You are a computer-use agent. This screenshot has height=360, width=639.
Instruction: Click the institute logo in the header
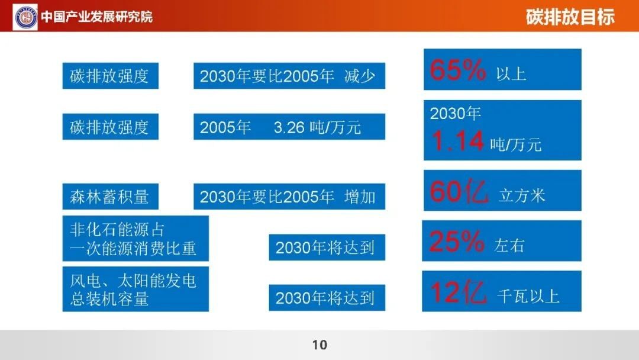25,17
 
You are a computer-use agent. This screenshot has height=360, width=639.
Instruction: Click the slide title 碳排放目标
570,17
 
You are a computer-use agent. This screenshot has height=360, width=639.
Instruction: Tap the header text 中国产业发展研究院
97,17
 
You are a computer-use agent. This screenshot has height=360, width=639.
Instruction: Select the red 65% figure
457,70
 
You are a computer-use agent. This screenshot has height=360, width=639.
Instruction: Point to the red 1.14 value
457,141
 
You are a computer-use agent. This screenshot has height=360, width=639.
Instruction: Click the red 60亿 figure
459,191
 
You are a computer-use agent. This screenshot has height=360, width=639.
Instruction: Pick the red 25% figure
457,241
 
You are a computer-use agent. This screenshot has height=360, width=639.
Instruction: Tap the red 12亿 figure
459,292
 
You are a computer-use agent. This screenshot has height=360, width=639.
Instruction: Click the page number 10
319,345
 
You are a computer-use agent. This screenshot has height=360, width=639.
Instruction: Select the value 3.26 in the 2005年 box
289,128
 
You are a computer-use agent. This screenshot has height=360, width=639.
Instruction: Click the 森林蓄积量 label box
111,197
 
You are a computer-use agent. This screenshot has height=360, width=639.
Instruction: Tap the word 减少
360,76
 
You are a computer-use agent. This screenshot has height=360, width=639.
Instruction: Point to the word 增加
360,197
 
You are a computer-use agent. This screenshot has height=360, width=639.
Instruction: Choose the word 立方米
522,196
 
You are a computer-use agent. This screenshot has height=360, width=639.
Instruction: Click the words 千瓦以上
528,297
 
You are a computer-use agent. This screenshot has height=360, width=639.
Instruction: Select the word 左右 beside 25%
509,246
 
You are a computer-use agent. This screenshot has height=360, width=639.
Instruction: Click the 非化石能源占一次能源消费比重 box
135,239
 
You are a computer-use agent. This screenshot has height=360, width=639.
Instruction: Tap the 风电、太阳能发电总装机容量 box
135,289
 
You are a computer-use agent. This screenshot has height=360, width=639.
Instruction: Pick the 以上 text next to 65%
511,74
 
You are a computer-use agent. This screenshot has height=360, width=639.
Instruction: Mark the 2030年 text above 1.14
455,113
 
